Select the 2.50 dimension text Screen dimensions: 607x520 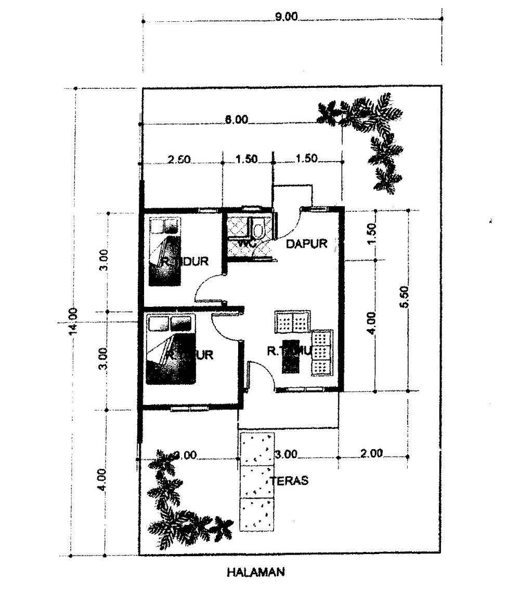coord(179,159)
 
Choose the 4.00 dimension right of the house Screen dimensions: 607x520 coord(371,324)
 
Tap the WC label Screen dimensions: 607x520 coord(245,243)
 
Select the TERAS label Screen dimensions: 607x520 coord(290,481)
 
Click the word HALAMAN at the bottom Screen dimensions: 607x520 coord(256,573)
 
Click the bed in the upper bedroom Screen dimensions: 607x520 coord(165,252)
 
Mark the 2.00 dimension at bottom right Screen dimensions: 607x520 coord(371,453)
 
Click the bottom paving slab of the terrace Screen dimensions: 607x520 coord(257,515)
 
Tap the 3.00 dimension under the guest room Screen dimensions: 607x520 coord(286,454)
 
